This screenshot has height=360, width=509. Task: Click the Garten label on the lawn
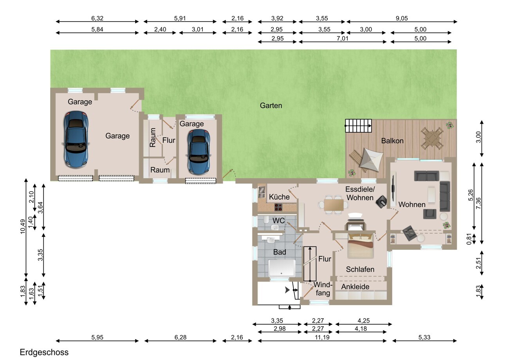(271, 105)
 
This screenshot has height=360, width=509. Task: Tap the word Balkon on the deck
(392, 141)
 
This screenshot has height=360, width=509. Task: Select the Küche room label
(279, 197)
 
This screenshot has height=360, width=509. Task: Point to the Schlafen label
(360, 270)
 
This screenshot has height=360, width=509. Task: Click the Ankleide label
(355, 287)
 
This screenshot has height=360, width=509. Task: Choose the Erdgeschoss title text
(44, 352)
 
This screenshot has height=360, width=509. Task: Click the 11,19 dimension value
(322, 337)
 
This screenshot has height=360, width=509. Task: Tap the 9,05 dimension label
(402, 18)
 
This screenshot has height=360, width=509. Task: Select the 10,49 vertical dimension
(23, 226)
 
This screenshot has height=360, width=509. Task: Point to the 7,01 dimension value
(343, 38)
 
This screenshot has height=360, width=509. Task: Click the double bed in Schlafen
(360, 246)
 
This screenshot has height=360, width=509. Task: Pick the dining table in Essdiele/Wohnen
(334, 205)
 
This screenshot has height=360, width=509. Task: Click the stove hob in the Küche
(278, 207)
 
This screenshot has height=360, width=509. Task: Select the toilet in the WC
(265, 220)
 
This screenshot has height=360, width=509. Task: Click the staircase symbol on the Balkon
(358, 126)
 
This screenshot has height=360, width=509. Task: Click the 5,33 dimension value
(424, 337)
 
